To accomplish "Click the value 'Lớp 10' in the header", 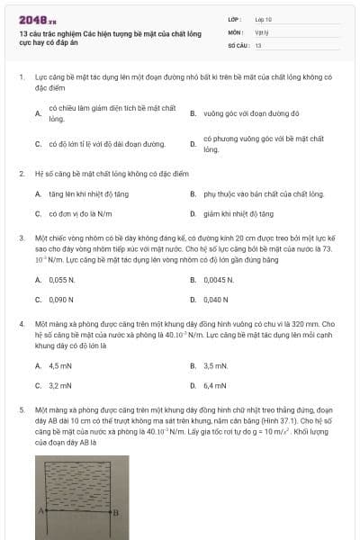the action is (x=264, y=19).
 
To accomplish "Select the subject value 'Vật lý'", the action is (x=261, y=31).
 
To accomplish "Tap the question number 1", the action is (x=21, y=78).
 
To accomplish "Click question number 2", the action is (x=21, y=173).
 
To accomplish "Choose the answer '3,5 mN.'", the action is (x=217, y=366).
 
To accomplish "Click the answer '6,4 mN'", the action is (x=216, y=386).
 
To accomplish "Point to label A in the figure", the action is (x=40, y=510).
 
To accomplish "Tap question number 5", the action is (x=21, y=409).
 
